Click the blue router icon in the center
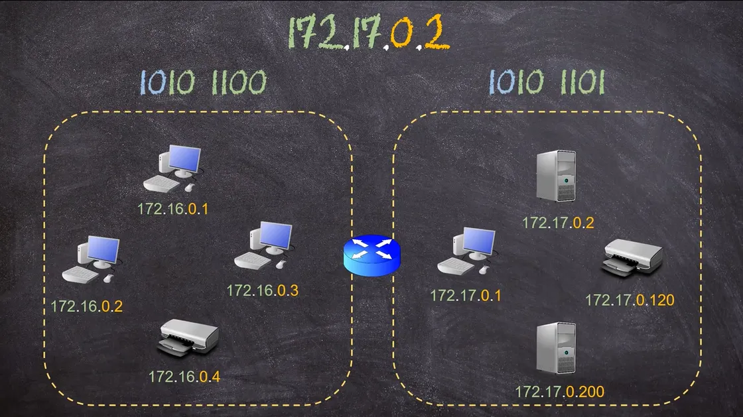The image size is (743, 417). point(372,256)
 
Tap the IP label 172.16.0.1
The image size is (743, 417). point(173,209)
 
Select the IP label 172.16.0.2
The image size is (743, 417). point(87,306)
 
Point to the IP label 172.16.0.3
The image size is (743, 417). point(263,290)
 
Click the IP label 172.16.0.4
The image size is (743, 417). point(184,377)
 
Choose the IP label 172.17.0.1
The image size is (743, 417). point(465,296)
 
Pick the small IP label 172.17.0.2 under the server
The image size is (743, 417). point(558,223)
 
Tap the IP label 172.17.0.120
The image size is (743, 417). point(630,300)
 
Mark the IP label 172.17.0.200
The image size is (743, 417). point(560,392)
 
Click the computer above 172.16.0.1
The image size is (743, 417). point(173,168)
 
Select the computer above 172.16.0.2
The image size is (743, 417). point(92,259)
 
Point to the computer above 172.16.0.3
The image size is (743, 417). point(263,246)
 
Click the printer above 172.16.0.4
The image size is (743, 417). point(188,337)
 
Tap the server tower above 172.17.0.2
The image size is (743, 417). point(557,176)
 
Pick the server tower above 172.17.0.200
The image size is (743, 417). point(557,348)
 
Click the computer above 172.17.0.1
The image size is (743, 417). point(467,251)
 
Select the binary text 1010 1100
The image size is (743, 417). point(203,82)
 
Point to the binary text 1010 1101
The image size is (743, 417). point(547,82)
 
